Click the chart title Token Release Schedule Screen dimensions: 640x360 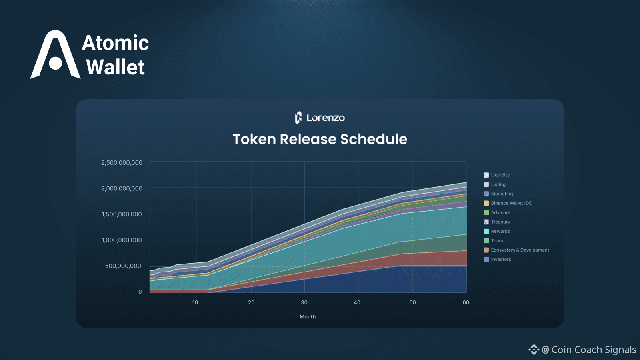click(320, 139)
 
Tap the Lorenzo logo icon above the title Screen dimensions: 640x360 click(298, 118)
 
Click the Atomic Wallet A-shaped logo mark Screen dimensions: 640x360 click(55, 54)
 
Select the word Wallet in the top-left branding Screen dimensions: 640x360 click(116, 67)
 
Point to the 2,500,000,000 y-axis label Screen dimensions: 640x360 click(122, 162)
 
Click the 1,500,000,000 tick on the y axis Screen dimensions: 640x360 click(122, 214)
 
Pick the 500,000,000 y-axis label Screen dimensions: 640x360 click(123, 266)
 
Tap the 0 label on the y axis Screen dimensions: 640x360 click(140, 292)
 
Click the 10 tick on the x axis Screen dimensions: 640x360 click(195, 302)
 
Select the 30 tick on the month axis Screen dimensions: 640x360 click(304, 302)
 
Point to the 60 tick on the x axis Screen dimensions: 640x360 click(466, 302)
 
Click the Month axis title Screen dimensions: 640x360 click(308, 316)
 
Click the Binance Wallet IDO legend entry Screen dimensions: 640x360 click(508, 203)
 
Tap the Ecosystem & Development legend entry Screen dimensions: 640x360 click(516, 250)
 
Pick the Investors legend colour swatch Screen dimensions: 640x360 click(486, 260)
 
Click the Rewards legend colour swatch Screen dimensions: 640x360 click(486, 231)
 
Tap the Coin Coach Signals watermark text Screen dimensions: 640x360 click(594, 350)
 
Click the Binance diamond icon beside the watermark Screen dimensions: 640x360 click(534, 350)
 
